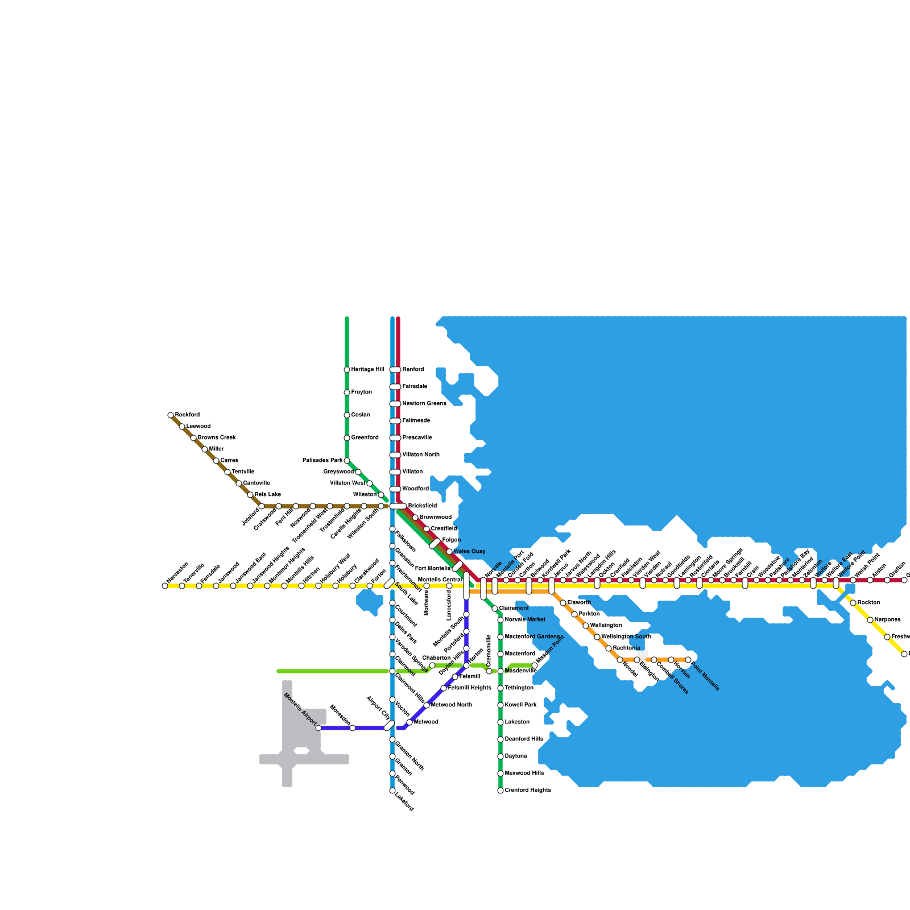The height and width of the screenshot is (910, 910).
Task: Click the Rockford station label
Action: click(x=187, y=415)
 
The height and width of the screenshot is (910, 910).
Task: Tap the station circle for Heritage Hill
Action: click(x=347, y=370)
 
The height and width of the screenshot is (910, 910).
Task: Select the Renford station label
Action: click(x=413, y=370)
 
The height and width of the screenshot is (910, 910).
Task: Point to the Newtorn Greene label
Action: click(x=424, y=404)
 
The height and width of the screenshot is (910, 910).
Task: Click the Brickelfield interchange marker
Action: click(x=398, y=506)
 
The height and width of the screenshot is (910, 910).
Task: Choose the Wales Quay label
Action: click(x=469, y=552)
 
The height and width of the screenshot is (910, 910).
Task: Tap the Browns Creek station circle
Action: click(x=193, y=438)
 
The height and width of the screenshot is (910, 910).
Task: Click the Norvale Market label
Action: click(x=524, y=620)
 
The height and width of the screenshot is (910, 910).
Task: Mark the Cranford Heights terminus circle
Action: click(x=500, y=791)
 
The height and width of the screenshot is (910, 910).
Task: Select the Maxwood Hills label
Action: click(x=524, y=773)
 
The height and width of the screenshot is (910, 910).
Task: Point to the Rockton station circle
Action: click(x=853, y=603)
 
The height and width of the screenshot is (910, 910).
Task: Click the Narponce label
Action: click(x=887, y=620)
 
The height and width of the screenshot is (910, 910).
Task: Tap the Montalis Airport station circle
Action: click(x=318, y=728)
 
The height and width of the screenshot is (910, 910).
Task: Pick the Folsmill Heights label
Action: click(x=469, y=688)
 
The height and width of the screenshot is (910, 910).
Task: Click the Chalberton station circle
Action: click(x=432, y=665)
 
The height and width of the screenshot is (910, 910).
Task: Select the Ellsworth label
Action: click(x=579, y=603)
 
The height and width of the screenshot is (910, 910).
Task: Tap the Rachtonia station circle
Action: click(x=609, y=648)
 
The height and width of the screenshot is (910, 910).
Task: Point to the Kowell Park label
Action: click(x=520, y=705)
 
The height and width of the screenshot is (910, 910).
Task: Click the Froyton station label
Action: click(x=361, y=392)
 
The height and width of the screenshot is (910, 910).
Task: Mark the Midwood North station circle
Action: click(x=427, y=705)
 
